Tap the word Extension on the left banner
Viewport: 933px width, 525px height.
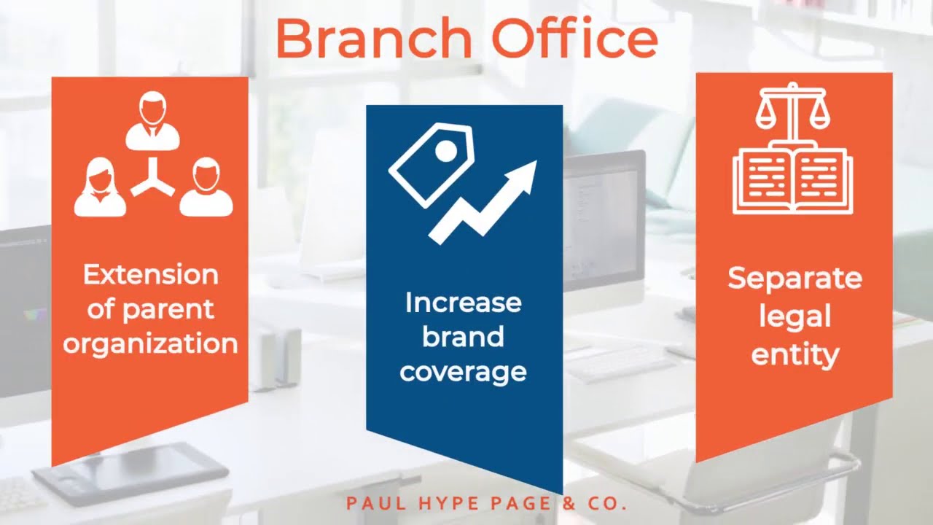151,275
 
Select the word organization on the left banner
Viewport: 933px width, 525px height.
151,343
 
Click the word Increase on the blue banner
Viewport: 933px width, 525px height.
463,303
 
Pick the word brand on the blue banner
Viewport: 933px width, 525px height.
463,337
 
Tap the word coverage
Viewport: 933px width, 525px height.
463,372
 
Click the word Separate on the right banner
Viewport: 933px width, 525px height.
795,278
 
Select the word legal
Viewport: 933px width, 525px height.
795,316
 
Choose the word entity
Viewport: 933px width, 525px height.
795,355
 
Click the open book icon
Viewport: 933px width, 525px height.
792,179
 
